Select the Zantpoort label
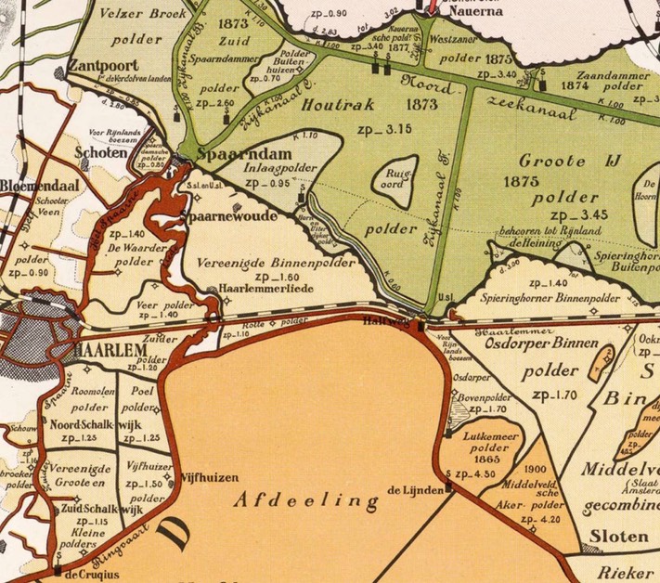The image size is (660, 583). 103,67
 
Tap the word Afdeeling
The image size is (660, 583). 307,501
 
